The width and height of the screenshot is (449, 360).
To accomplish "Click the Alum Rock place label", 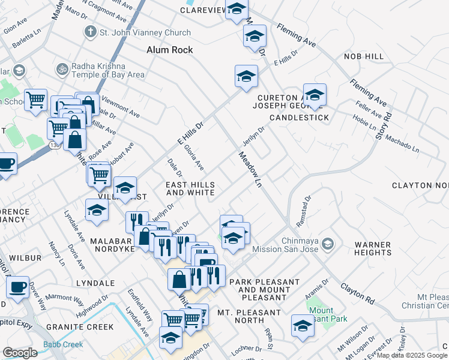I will [x=170, y=50].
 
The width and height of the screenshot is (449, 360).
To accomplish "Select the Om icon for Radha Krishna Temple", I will [x=62, y=69].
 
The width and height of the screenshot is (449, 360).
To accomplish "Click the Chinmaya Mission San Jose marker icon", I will [x=328, y=243].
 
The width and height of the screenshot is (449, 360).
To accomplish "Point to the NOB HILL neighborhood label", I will [x=363, y=56].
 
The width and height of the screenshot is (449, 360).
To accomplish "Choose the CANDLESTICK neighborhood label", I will [x=299, y=118].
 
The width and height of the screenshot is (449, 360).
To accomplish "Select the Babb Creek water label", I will [x=63, y=345].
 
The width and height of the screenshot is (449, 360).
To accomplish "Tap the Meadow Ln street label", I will [x=251, y=168].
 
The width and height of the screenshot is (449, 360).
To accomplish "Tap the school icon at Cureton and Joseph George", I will [x=315, y=95].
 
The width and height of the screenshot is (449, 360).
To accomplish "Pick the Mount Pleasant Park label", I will [x=321, y=316].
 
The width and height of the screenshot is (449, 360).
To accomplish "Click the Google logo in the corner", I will [x=20, y=353].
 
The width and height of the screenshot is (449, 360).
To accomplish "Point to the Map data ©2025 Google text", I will [x=412, y=355].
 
